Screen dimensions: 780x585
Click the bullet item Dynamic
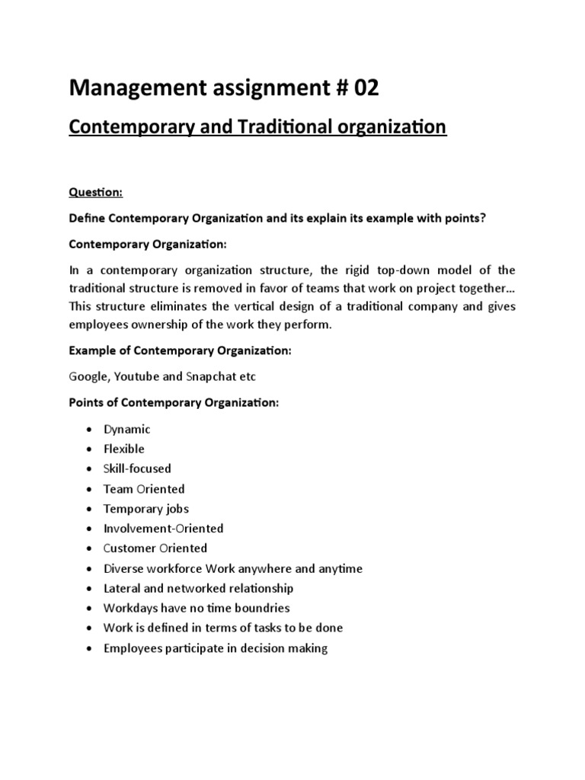127,429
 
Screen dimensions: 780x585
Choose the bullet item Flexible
124,449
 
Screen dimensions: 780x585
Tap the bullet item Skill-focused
137,468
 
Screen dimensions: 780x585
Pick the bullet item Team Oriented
144,488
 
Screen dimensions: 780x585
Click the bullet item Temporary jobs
146,508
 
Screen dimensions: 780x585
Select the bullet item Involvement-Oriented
164,528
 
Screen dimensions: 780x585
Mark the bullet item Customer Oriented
155,548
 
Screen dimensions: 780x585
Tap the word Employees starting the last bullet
131,648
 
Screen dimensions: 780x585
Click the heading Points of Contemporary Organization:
174,402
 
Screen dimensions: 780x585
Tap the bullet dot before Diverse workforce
89,569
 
